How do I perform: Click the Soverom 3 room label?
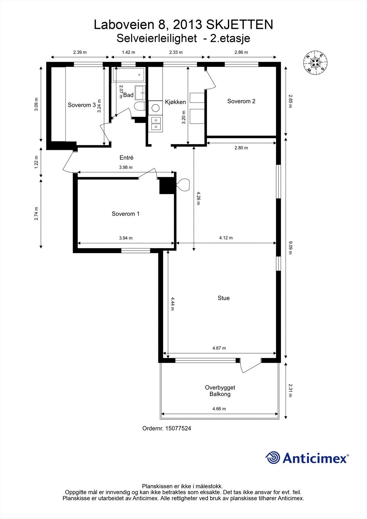(x=81, y=105)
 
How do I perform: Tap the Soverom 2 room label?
(x=241, y=101)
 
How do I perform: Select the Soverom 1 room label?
(x=126, y=214)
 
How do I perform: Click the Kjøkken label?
(x=175, y=102)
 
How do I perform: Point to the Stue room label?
(x=224, y=298)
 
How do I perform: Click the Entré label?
(x=126, y=158)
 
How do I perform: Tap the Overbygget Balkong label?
(x=220, y=391)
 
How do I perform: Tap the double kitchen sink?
(x=156, y=123)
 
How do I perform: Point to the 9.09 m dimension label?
(x=290, y=247)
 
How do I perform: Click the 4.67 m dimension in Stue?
(x=219, y=348)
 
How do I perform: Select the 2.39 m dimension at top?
(x=80, y=52)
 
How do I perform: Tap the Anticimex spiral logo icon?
(x=273, y=458)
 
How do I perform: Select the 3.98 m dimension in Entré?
(x=126, y=167)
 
